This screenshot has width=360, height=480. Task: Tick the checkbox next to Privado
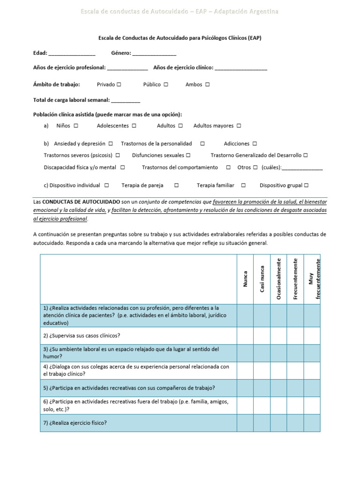[x=119, y=85]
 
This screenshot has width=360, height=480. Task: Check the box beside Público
[x=166, y=85]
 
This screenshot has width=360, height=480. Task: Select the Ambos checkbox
[x=207, y=85]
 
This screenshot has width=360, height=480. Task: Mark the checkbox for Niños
[x=76, y=126]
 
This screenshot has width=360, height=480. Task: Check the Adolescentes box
[x=134, y=126]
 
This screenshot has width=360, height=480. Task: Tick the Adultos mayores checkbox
[x=239, y=126]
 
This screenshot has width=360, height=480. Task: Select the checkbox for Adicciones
[x=255, y=144]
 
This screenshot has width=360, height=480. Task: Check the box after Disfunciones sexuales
[x=188, y=155]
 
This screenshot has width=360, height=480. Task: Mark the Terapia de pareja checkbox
[x=176, y=186]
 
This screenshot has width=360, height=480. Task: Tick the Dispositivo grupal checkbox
[x=306, y=186]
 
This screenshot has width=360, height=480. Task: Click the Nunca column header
[x=245, y=279]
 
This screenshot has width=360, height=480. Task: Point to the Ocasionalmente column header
[x=278, y=279]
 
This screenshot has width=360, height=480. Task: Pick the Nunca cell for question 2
[x=245, y=336]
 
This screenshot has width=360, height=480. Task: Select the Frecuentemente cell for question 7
[x=295, y=423]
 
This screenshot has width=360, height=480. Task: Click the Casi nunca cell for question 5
[x=262, y=388]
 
